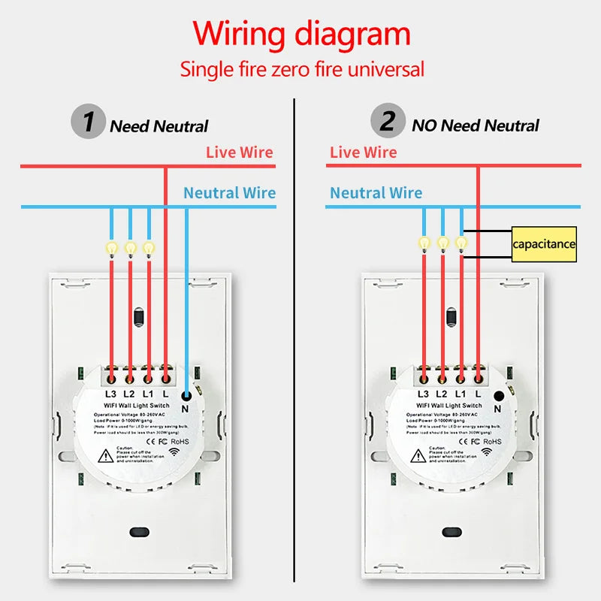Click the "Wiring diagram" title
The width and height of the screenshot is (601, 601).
(301, 35)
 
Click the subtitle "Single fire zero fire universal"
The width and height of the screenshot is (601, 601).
(301, 70)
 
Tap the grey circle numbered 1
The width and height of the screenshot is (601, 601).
(89, 122)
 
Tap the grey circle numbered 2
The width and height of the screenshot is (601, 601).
(388, 122)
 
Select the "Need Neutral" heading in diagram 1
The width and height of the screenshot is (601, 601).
(159, 125)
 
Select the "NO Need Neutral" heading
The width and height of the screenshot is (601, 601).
(475, 125)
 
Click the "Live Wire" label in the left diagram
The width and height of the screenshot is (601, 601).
(240, 153)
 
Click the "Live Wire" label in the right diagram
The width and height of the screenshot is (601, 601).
(364, 153)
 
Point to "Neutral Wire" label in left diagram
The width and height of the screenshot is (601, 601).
(229, 193)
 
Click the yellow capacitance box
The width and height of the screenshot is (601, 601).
(544, 244)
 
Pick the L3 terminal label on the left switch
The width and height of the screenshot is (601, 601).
(110, 394)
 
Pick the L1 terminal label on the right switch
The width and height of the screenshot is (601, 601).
(460, 394)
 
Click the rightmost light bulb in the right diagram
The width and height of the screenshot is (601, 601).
(461, 243)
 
